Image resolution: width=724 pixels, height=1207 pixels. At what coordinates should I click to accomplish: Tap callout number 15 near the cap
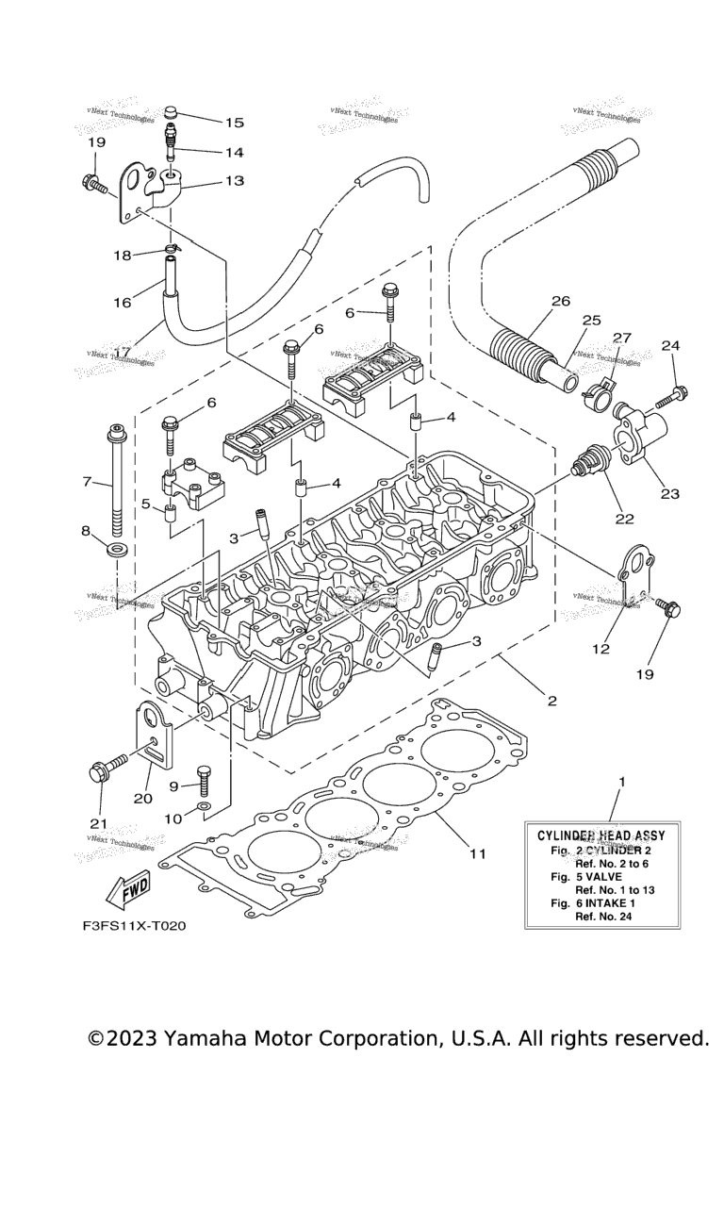point(234,123)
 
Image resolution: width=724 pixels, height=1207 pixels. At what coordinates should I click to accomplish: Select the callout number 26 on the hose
point(561,302)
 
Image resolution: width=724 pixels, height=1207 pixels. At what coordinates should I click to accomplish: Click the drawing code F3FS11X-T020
point(134,925)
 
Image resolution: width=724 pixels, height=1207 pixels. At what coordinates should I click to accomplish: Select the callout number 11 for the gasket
point(478,853)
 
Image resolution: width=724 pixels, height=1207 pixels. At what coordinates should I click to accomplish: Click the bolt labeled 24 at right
point(673,394)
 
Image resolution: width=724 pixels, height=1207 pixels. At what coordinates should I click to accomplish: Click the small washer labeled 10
point(204,809)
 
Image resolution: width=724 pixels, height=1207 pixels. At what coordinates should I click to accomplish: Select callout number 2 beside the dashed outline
point(551,701)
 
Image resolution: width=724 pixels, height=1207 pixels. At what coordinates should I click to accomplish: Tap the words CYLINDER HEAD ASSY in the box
point(601,835)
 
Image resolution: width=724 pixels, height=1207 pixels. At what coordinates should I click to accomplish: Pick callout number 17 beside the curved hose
point(123,352)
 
